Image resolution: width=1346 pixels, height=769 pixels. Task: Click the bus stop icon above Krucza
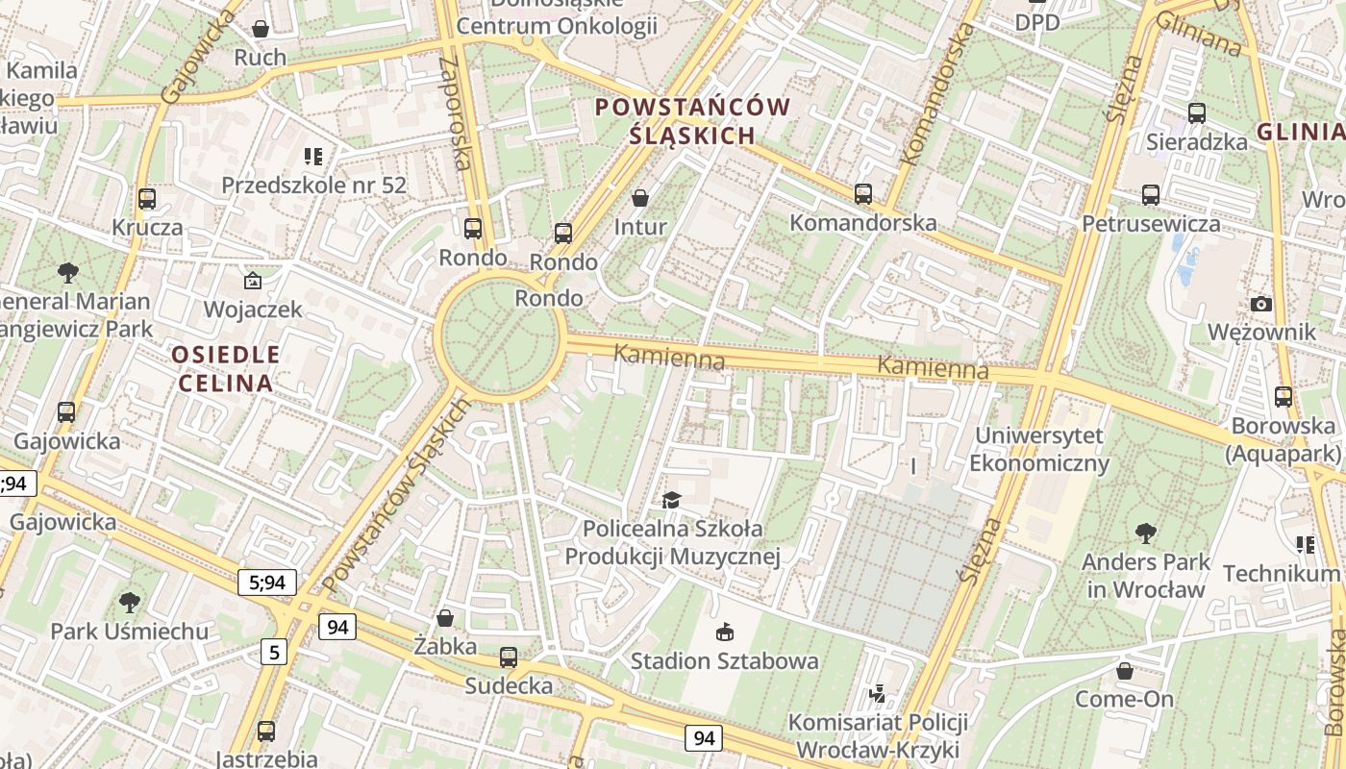click(146, 199)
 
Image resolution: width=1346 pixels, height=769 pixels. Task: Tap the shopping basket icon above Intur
click(640, 198)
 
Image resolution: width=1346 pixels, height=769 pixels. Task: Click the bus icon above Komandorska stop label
click(862, 194)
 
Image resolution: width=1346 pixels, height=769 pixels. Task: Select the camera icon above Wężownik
click(1261, 304)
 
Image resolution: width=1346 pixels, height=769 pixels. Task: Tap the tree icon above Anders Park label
click(1145, 533)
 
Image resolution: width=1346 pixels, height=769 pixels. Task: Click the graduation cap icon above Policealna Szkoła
click(670, 500)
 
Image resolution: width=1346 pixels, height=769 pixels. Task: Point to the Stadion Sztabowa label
click(724, 660)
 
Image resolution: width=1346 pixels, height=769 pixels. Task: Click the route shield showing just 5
click(274, 653)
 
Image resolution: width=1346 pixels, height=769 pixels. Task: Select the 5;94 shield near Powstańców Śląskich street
click(266, 582)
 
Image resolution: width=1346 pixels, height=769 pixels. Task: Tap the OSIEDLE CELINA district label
click(227, 369)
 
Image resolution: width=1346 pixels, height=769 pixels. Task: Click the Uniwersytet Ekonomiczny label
click(1038, 449)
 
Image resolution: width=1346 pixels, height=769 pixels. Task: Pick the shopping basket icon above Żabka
click(445, 617)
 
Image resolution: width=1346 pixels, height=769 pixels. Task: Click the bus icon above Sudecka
click(509, 657)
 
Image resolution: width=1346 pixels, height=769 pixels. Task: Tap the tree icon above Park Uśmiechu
click(129, 603)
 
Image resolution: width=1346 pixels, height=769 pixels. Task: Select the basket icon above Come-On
click(1125, 670)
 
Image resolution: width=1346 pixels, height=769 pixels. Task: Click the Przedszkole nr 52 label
click(314, 185)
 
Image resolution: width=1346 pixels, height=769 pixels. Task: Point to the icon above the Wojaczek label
click(252, 281)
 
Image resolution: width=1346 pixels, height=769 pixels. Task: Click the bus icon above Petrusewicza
click(1151, 195)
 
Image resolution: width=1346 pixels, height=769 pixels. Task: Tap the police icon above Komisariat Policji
click(877, 692)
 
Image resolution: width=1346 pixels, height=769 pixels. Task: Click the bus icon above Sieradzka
click(1197, 113)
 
